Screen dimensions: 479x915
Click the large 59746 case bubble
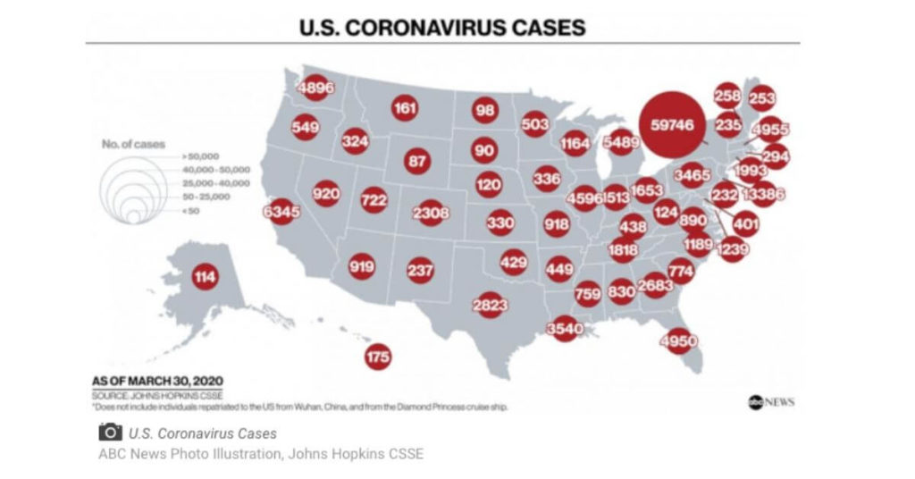tap(672, 125)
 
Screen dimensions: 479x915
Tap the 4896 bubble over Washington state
tap(316, 88)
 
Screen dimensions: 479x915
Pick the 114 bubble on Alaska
tap(205, 277)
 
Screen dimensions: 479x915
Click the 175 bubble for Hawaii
tap(378, 357)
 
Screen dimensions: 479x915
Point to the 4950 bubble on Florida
tap(677, 340)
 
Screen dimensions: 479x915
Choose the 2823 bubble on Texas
tap(491, 306)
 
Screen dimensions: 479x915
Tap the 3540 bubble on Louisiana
tap(564, 329)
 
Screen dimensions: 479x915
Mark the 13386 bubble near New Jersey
tap(763, 194)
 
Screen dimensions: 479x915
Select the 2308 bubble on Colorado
tap(431, 213)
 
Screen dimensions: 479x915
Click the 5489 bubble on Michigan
tap(620, 141)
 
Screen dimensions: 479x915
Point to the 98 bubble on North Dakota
tap(485, 110)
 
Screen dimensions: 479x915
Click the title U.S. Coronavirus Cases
tap(442, 28)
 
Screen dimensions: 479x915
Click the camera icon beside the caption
tap(110, 433)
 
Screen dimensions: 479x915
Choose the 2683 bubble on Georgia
tap(655, 284)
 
